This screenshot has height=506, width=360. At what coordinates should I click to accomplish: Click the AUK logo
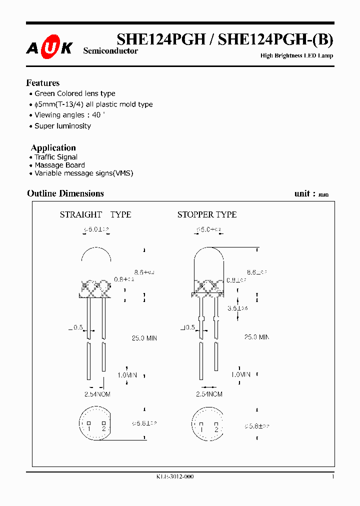click(49, 47)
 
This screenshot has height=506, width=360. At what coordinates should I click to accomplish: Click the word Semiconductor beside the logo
click(110, 51)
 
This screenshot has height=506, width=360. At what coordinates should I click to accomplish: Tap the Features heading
click(42, 83)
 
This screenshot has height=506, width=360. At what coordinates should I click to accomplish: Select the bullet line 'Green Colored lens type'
click(74, 93)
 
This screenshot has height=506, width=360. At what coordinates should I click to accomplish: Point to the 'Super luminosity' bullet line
click(62, 126)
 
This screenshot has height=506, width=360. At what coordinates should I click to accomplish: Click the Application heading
click(53, 147)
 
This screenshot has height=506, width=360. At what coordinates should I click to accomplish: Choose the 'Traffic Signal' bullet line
click(56, 157)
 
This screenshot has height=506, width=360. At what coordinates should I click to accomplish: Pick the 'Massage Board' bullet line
click(59, 165)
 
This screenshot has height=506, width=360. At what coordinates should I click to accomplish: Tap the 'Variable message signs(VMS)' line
click(83, 173)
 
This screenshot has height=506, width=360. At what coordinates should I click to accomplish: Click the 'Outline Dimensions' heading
click(65, 193)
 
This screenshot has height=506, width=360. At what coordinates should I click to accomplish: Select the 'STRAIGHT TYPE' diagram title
click(95, 214)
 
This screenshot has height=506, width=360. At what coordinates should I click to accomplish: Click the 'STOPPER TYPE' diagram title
click(207, 214)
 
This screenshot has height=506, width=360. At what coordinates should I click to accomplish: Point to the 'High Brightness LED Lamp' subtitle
click(296, 55)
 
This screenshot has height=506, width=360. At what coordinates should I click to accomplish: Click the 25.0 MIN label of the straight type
click(144, 338)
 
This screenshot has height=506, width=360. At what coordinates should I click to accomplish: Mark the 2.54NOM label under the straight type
click(97, 394)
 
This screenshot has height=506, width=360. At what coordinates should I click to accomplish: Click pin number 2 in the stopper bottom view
click(216, 428)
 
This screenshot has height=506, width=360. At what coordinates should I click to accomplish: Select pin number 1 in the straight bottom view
click(88, 428)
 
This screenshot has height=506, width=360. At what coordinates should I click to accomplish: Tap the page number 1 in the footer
click(332, 476)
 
